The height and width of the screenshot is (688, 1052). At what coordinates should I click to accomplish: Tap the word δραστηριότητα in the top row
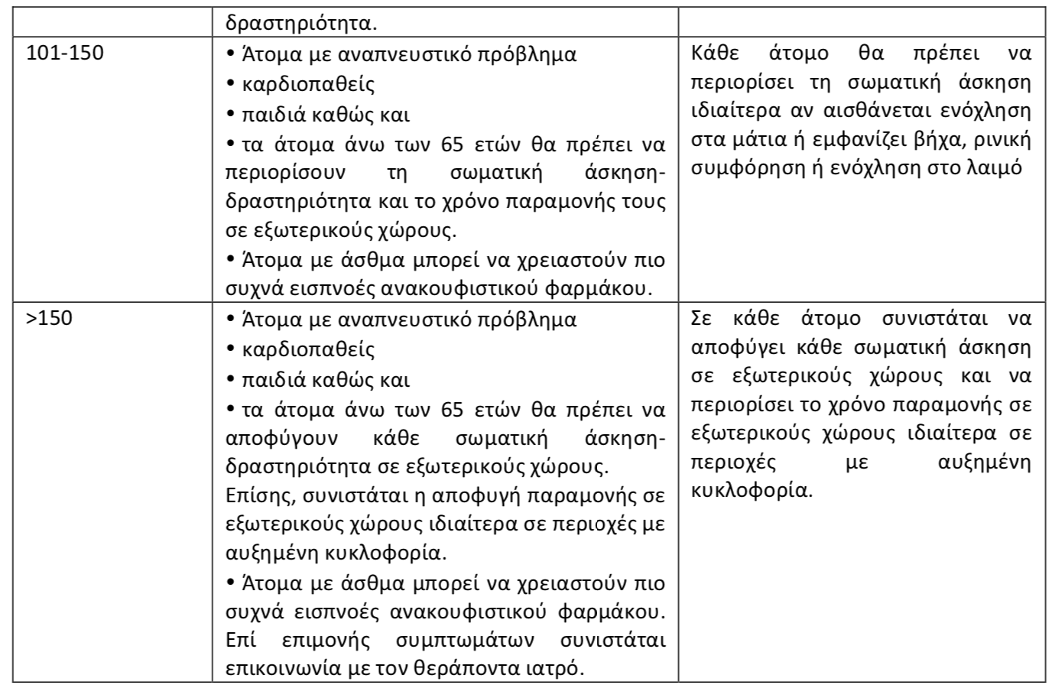click(x=298, y=22)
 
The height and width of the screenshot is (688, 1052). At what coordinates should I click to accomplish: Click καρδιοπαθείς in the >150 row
click(x=308, y=349)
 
